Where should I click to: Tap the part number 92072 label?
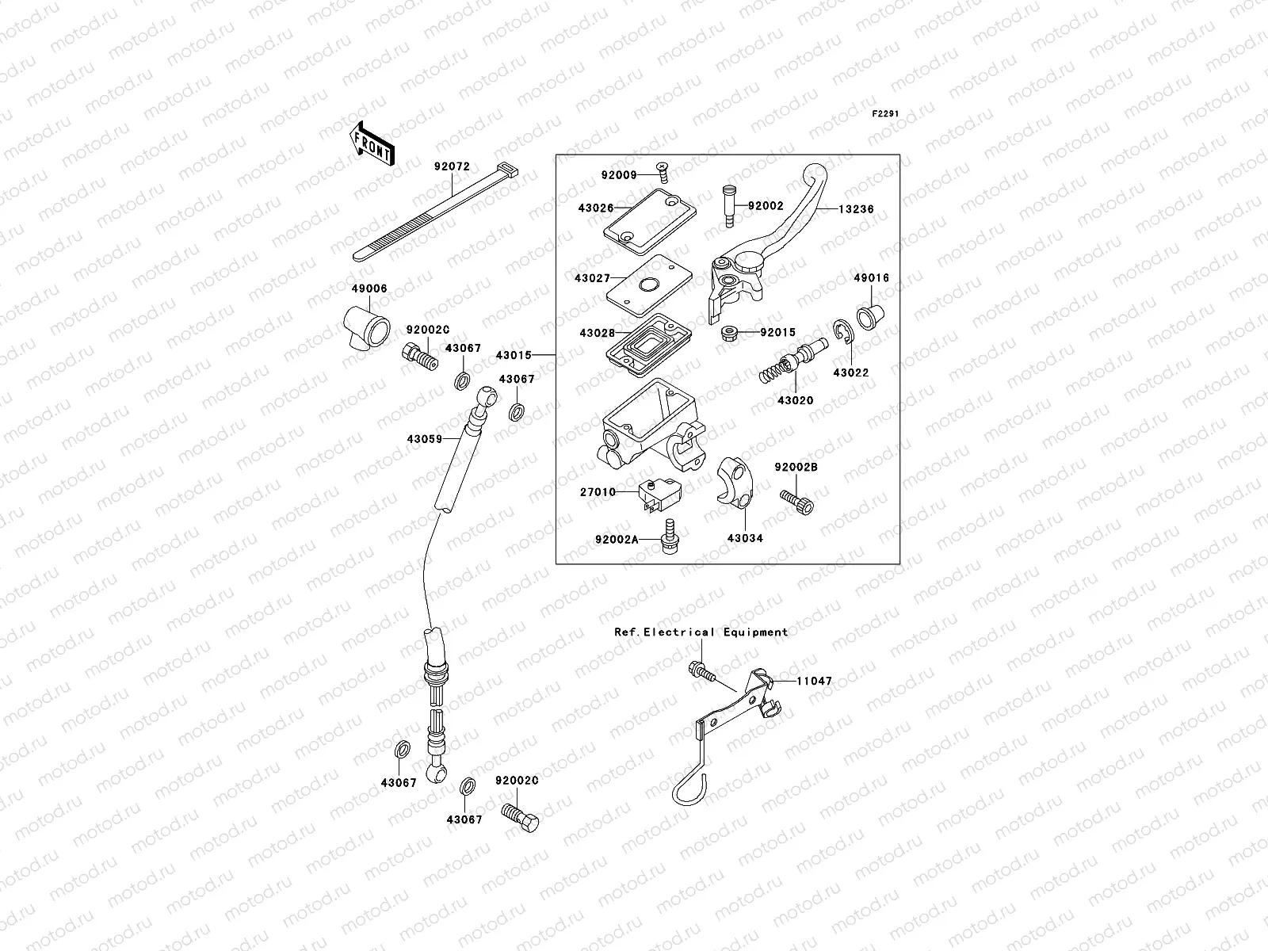pos(452,167)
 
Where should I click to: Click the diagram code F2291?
pos(886,114)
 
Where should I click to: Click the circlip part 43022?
pos(842,334)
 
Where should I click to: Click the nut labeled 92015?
pos(730,333)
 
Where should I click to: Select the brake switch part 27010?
pos(659,494)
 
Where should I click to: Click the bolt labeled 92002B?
pos(797,502)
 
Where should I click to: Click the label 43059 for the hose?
pos(425,438)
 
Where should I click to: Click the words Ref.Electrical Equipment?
pos(701,632)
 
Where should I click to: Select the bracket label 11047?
pos(815,681)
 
